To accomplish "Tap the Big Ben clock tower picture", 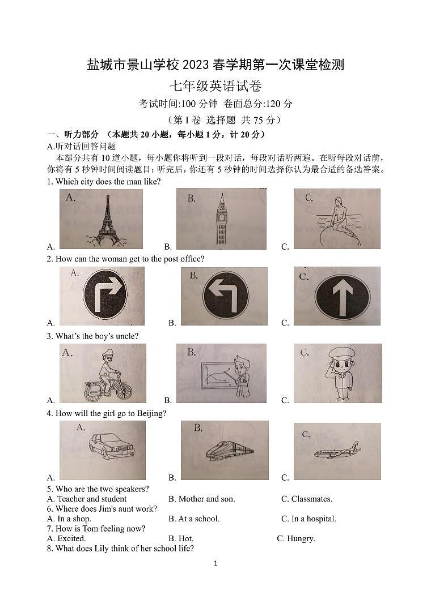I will click(x=221, y=220).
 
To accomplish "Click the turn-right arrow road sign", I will click(x=105, y=294).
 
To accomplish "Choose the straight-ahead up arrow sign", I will click(x=343, y=296).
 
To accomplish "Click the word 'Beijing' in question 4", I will click(x=151, y=413).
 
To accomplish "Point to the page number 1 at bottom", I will click(x=216, y=563).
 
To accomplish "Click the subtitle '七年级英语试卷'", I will click(x=216, y=86).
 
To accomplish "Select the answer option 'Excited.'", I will click(x=71, y=538).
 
